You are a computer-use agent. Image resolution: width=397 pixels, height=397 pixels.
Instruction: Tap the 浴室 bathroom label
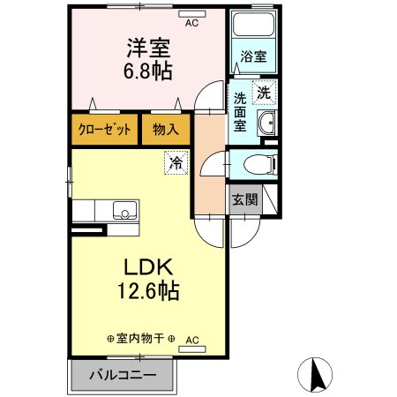(x=252, y=57)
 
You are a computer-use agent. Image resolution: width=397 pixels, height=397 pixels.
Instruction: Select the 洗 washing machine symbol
(x=264, y=91)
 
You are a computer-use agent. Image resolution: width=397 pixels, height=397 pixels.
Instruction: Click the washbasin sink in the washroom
(x=267, y=123)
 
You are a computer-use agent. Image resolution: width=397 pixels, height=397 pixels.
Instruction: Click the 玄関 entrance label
(x=244, y=198)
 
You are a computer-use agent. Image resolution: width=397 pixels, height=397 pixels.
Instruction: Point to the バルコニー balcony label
(x=124, y=375)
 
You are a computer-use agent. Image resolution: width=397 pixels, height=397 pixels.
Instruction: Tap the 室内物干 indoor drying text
(x=141, y=339)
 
